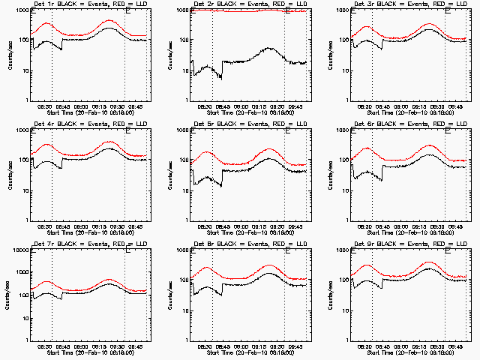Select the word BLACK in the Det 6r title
[379, 124]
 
